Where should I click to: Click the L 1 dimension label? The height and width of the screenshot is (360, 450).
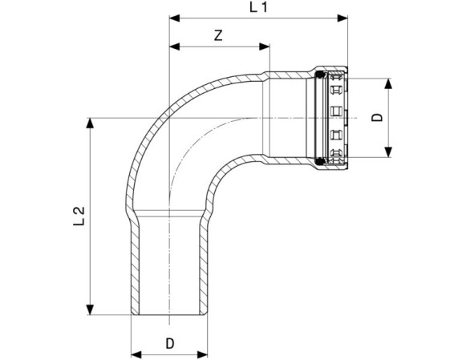tap(258, 7)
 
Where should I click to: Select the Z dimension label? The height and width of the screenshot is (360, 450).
tap(218, 35)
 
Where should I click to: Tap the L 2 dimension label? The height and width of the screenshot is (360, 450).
tap(79, 216)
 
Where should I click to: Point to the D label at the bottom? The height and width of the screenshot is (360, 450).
tap(170, 343)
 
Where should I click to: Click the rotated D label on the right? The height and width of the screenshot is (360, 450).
tap(377, 118)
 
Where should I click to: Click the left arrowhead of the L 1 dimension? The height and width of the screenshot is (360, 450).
tap(175, 18)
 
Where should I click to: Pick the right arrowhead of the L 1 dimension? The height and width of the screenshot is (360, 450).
tap(343, 18)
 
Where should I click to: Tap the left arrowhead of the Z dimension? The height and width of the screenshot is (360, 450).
tap(175, 47)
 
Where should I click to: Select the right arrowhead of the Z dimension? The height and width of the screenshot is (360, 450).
tap(265, 47)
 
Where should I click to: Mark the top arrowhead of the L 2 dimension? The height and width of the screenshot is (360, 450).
tap(90, 123)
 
